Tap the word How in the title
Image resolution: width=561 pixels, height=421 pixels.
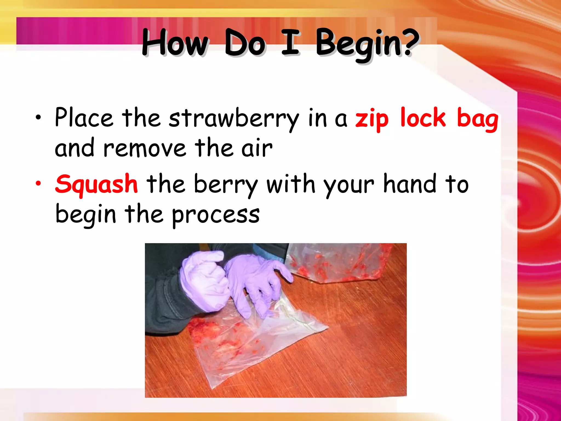[x=175, y=42]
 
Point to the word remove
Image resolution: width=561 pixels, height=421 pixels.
[x=145, y=148]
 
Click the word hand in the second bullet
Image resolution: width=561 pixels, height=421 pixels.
[x=410, y=184]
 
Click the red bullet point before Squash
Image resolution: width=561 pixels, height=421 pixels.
[x=39, y=183]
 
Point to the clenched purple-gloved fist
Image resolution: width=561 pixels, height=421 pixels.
[x=204, y=280]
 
